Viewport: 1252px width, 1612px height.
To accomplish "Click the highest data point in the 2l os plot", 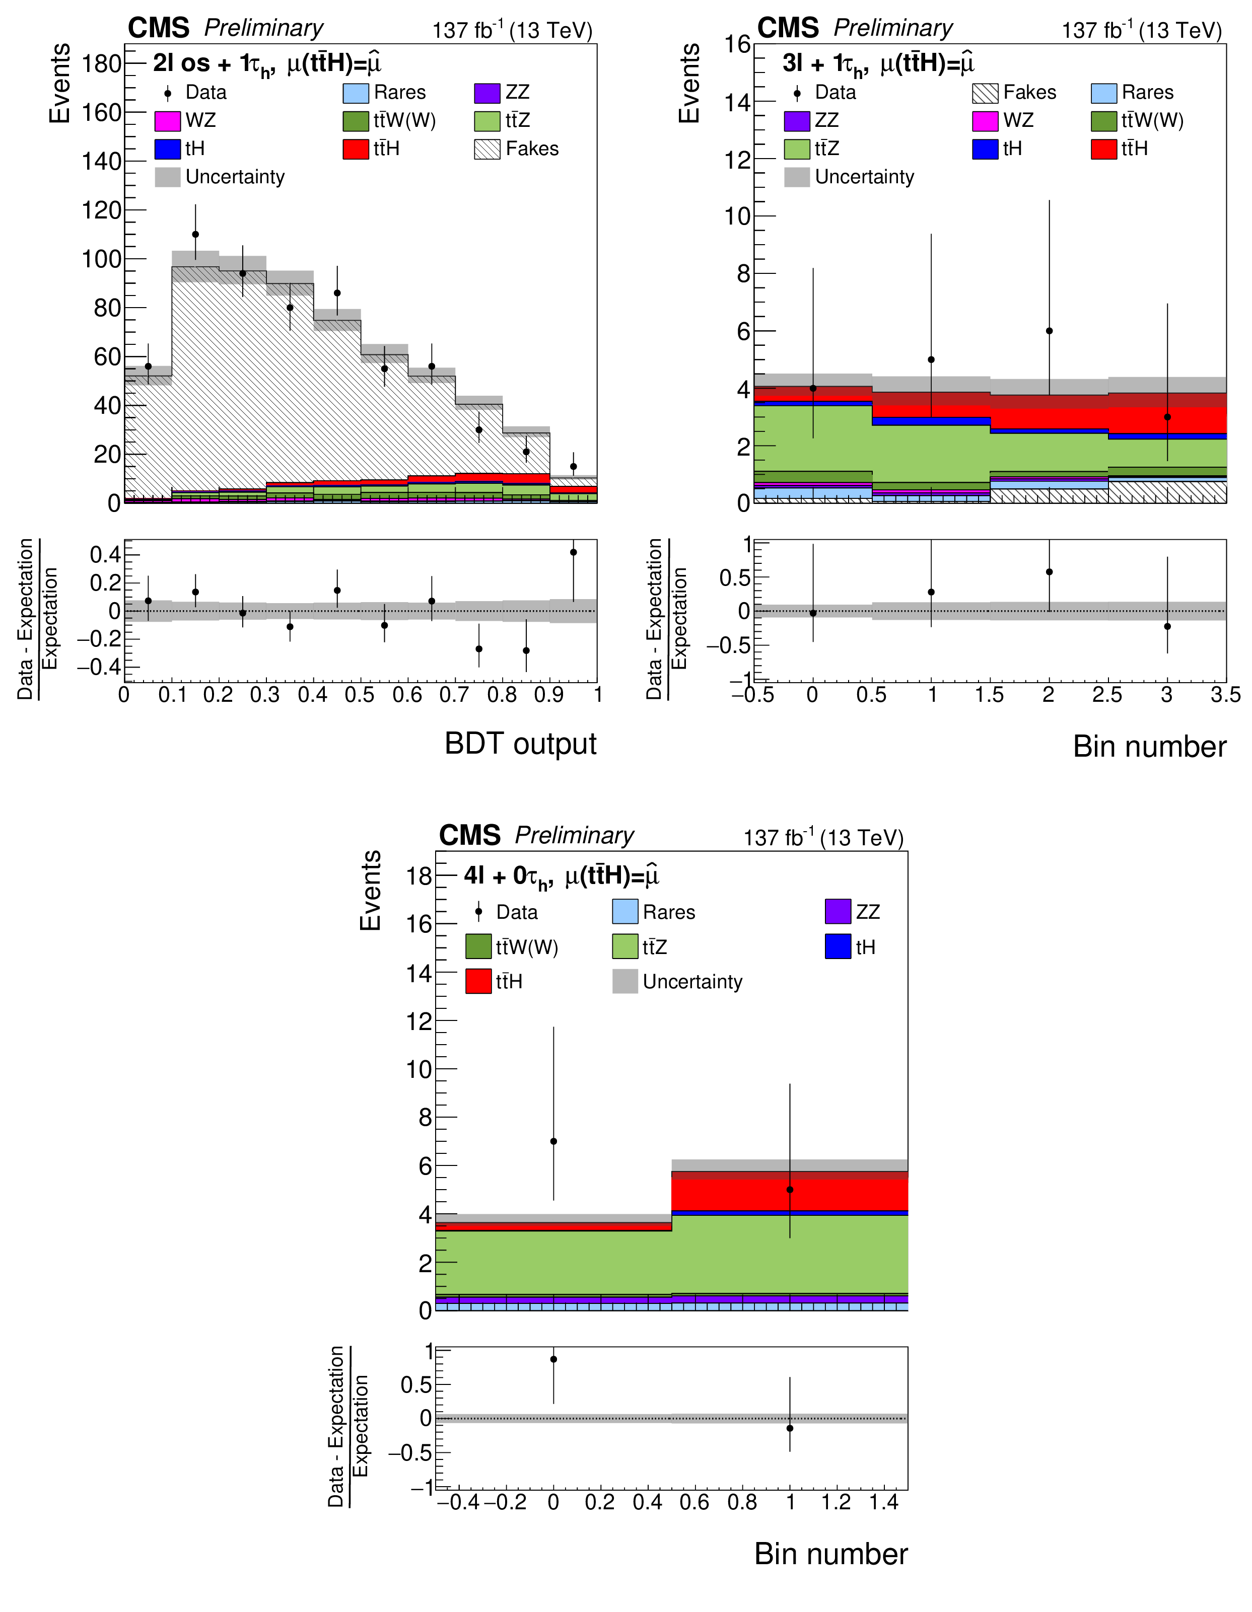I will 195,235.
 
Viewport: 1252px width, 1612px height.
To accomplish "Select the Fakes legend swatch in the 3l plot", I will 985,93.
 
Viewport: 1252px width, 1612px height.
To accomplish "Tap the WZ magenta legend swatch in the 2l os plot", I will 168,121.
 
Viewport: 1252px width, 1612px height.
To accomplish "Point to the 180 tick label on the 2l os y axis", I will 101,64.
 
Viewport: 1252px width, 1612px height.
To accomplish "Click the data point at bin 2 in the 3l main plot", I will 1049,331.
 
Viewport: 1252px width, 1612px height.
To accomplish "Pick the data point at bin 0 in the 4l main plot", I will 553,1142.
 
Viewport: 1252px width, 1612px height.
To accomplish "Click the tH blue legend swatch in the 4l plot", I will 838,947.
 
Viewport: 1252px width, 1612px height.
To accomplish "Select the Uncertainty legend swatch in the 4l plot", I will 625,982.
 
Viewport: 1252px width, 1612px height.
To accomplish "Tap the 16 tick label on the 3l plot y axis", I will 737,44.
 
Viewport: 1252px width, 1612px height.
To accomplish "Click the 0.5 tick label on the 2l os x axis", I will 360,695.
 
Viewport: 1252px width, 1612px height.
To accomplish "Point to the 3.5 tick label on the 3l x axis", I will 1225,695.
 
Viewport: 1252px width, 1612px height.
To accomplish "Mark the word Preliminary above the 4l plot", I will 574,836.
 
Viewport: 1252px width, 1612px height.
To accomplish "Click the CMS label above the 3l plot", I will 788,28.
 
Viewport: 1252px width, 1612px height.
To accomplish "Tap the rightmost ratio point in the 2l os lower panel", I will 574,552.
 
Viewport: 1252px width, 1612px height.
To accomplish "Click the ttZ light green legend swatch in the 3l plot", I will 797,149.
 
